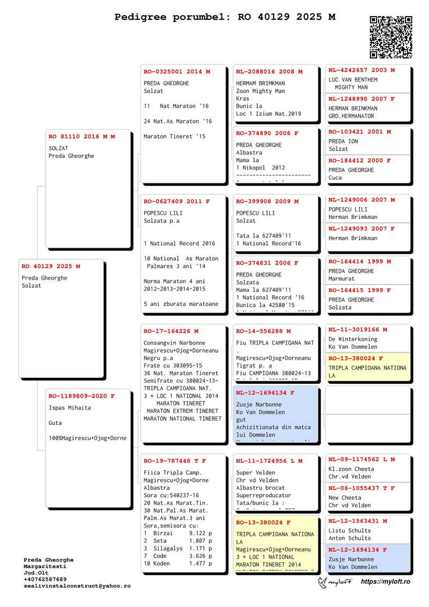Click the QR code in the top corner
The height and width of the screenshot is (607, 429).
391,36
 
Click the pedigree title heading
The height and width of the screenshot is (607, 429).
225,17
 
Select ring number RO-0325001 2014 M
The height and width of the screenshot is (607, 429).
177,71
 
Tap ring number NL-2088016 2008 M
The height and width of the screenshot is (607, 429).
269,71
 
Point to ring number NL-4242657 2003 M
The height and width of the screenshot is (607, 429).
361,70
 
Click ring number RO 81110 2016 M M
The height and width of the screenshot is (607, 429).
82,136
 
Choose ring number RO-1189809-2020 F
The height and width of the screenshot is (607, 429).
82,396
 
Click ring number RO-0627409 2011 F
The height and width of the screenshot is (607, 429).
177,201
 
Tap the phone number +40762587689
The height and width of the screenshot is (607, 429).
45,579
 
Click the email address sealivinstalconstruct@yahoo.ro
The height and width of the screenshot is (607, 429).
77,586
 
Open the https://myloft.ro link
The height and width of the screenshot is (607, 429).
386,582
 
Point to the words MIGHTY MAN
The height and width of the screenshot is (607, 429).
351,87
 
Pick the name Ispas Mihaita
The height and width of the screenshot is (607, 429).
70,407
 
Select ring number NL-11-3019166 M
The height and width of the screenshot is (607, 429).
358,330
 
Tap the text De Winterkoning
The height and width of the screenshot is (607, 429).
353,339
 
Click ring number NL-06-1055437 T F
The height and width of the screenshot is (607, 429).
361,488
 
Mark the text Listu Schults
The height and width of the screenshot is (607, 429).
350,531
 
